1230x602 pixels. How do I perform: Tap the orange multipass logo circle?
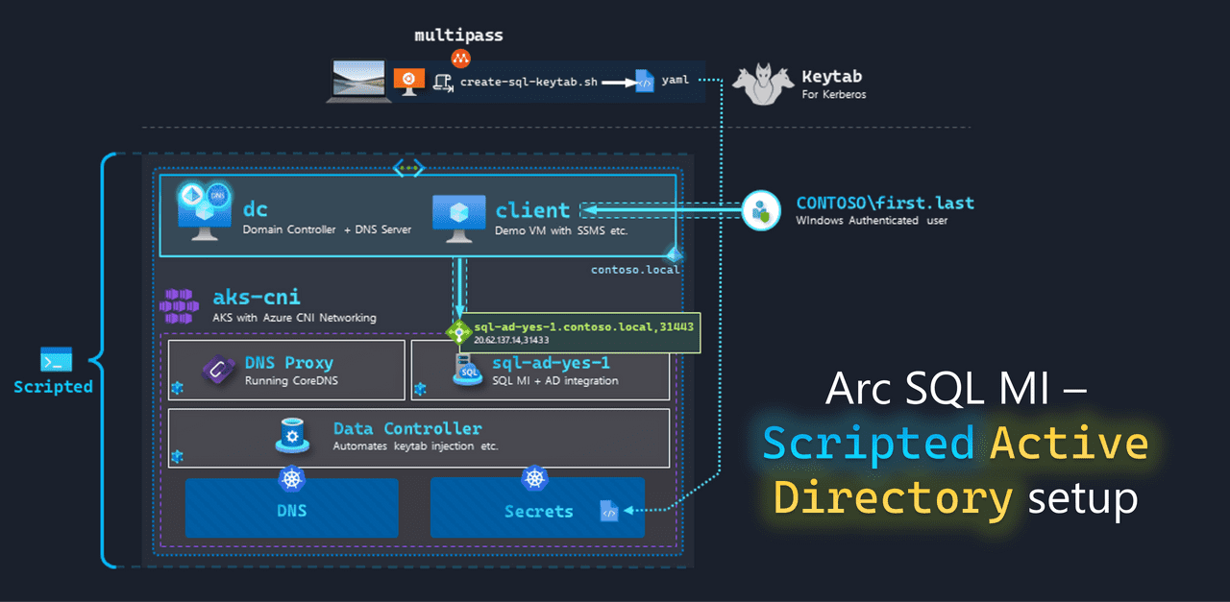click(460, 59)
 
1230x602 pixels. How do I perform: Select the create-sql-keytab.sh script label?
click(529, 83)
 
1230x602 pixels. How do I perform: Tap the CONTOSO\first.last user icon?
click(761, 210)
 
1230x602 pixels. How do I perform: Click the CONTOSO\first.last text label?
click(884, 204)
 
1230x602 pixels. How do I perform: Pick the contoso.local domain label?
click(634, 270)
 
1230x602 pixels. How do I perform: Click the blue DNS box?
click(291, 510)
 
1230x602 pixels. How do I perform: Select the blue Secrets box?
click(537, 510)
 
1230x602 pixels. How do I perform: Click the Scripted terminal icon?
click(56, 360)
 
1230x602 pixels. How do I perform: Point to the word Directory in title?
click(893, 498)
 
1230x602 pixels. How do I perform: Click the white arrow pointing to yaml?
click(619, 83)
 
